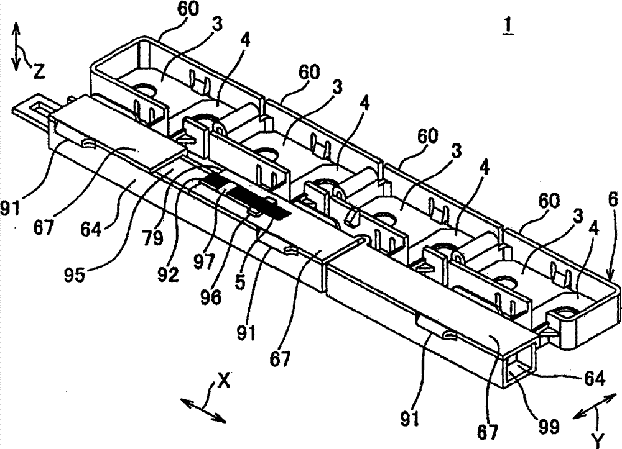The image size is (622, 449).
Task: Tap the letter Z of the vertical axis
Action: [x=38, y=71]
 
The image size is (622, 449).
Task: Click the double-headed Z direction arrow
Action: [x=16, y=47]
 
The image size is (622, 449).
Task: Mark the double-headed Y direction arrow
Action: [x=594, y=406]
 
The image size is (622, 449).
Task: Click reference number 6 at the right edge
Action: [x=613, y=200]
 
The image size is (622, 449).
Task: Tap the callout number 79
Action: [x=154, y=238]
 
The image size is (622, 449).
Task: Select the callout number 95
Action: [x=75, y=274]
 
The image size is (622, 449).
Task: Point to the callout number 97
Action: [x=204, y=261]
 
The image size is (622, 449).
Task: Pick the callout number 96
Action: [x=210, y=297]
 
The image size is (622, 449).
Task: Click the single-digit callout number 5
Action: [x=239, y=282]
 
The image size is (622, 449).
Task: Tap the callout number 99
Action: [x=548, y=427]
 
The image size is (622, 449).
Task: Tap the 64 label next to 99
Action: [x=594, y=379]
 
